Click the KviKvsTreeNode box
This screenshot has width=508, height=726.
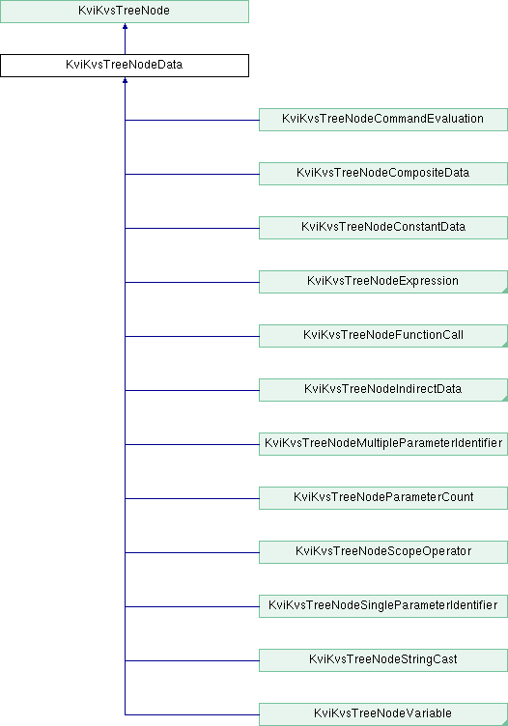coord(125,12)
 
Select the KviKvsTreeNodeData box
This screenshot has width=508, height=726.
coord(125,66)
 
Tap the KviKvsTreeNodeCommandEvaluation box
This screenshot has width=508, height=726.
coord(383,120)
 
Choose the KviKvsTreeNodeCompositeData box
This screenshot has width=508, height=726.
coord(383,174)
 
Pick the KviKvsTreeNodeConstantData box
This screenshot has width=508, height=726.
coord(383,228)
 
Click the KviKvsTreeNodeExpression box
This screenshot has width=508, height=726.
coord(383,282)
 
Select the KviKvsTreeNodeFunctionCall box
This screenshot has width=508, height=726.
coord(383,336)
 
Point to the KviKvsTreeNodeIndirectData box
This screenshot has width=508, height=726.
coord(383,390)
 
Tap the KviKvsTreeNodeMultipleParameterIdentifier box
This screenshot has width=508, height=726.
coord(383,444)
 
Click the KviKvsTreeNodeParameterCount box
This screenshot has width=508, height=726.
coord(383,498)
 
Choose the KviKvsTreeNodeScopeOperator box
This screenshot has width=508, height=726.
coord(383,552)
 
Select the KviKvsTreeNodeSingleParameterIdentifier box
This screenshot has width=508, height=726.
coord(383,606)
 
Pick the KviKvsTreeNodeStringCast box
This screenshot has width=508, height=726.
coord(383,660)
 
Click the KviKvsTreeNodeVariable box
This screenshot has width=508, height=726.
coord(383,714)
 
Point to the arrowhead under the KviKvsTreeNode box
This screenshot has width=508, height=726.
coord(125,26)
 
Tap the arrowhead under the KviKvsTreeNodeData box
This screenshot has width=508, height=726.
coord(125,80)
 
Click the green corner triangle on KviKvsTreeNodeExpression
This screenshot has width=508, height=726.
coord(505,291)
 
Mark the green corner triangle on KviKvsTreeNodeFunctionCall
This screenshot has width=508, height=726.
coord(505,345)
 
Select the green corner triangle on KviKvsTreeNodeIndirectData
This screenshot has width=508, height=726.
coord(505,399)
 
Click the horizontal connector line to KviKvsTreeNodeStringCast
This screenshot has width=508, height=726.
coord(192,660)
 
